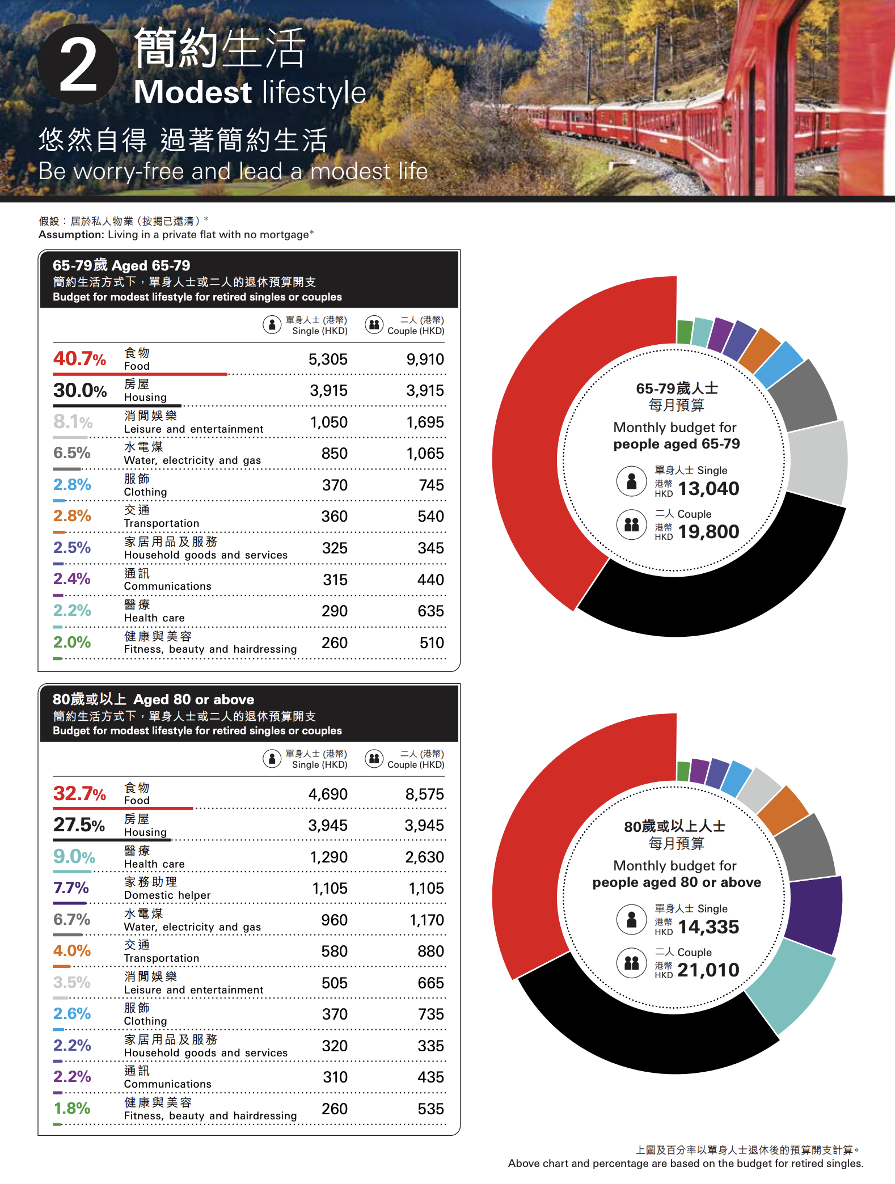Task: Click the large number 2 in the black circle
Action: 78,66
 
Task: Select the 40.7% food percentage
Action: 79,358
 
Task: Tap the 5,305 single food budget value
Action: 328,360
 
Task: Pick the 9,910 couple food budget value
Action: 425,360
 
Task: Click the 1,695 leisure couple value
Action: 425,422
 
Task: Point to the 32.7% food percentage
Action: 79,793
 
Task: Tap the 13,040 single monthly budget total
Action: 708,489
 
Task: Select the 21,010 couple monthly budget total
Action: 708,970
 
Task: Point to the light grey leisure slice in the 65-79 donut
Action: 817,462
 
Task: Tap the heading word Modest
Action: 193,92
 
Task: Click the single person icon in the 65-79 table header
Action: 272,325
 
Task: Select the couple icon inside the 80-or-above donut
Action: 631,962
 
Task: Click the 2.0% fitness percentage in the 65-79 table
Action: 72,642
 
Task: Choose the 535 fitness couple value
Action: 430,1109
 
